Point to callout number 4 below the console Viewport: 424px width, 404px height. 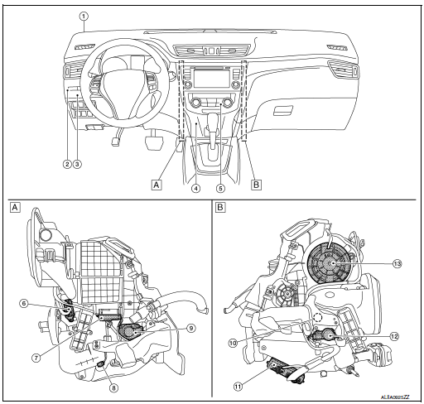[196, 188]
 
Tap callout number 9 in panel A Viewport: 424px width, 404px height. [190, 327]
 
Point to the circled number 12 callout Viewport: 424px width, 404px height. [394, 336]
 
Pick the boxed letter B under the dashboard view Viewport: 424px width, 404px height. [256, 185]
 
